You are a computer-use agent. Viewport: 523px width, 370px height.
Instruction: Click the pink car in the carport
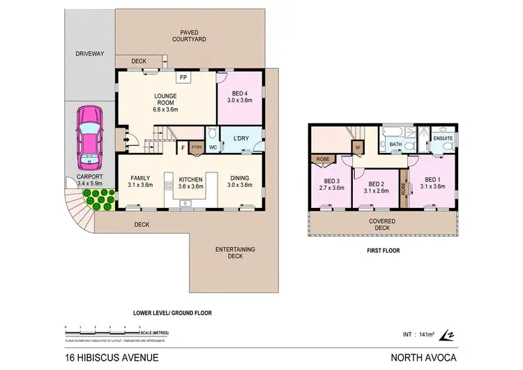coord(89,138)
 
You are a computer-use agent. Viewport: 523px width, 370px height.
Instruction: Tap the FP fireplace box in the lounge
coord(183,77)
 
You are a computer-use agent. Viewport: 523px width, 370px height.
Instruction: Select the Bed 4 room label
coord(239,97)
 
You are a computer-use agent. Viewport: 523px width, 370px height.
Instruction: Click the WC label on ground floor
coord(212,147)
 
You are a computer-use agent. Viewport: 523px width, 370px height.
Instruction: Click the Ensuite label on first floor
coord(443,138)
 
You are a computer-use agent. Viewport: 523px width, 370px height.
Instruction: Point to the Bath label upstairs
coord(395,145)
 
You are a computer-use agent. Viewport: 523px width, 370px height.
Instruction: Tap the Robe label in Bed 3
coord(323,158)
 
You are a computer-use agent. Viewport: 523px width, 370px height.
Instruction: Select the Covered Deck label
coord(382,225)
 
